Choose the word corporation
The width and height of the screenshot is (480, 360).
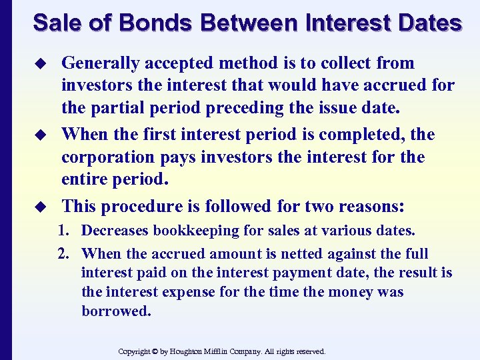pos(107,157)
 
